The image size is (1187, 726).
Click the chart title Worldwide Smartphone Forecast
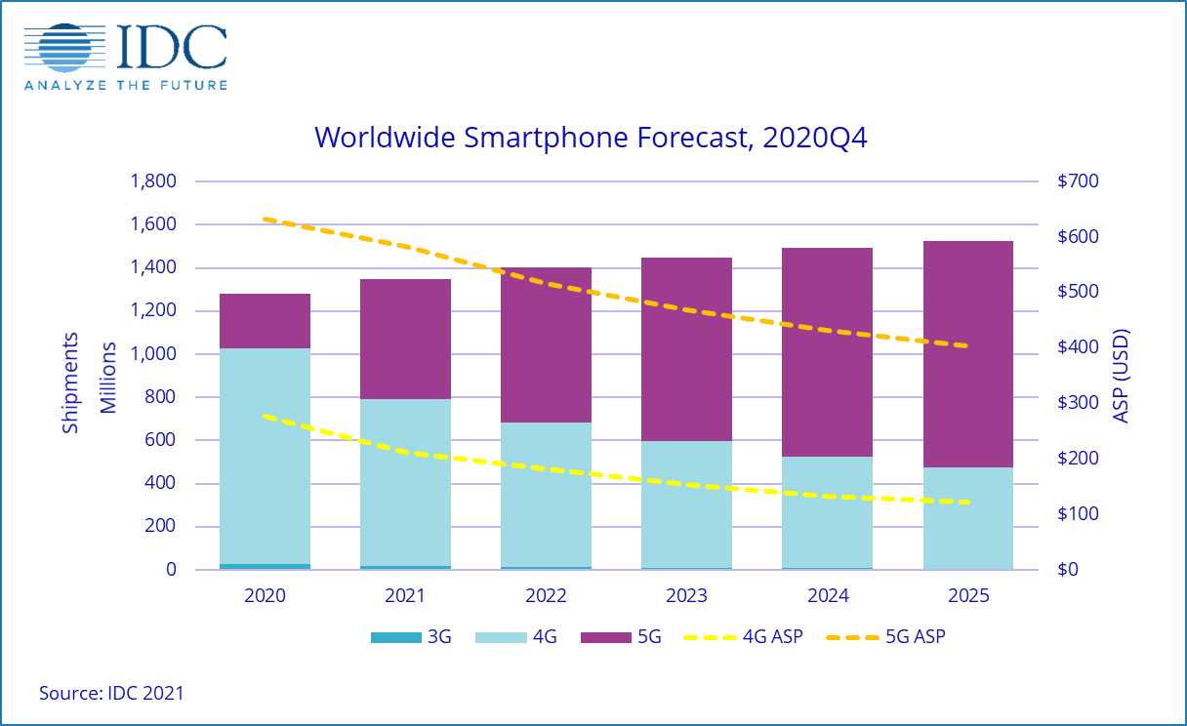coord(591,138)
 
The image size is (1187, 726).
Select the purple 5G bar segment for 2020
coord(266,321)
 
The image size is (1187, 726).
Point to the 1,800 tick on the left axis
coord(152,181)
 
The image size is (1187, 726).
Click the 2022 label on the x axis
coord(547,595)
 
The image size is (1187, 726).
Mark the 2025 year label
coord(967,595)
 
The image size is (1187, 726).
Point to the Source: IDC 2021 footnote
coord(111,694)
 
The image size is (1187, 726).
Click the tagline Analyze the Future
coord(126,85)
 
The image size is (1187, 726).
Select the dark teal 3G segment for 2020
coord(266,566)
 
